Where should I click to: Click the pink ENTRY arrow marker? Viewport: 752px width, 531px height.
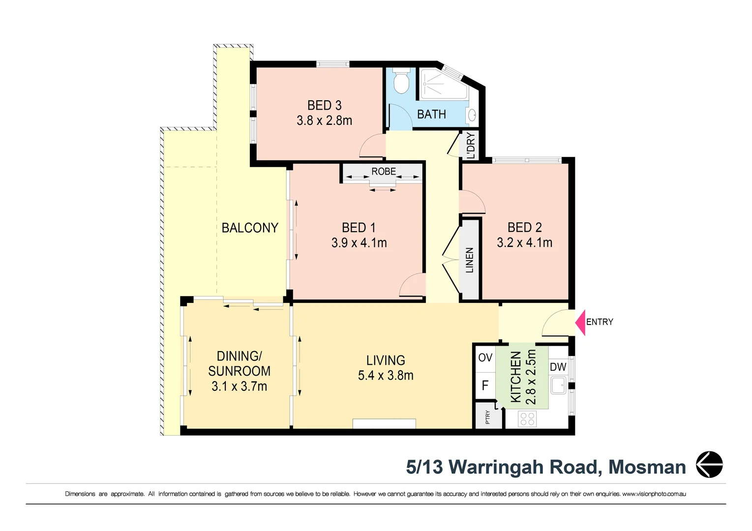(x=580, y=323)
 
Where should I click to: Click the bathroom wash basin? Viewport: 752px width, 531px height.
(x=471, y=115)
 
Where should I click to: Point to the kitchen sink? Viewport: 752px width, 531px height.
(x=558, y=385)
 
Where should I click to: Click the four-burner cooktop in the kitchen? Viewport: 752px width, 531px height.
(x=527, y=419)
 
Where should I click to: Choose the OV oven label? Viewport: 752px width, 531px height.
(x=485, y=358)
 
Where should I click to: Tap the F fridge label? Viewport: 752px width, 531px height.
(x=485, y=385)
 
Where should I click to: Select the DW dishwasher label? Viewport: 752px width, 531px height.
(x=558, y=367)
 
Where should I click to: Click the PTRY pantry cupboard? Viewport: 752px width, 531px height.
(x=488, y=417)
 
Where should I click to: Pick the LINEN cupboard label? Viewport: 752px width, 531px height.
(x=470, y=260)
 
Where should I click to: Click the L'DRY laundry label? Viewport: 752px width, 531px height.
(x=471, y=146)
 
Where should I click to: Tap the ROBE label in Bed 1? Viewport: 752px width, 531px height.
(x=384, y=172)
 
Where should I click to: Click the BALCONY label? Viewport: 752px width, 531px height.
(x=250, y=228)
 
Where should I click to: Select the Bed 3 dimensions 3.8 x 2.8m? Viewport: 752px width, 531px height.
(x=324, y=120)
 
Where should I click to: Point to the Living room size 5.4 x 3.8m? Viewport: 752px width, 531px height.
(x=386, y=376)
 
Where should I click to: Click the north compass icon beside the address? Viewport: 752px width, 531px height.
(x=709, y=465)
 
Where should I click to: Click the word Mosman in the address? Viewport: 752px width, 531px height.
(x=647, y=467)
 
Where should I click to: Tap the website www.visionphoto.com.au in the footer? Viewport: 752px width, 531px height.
(x=654, y=494)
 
